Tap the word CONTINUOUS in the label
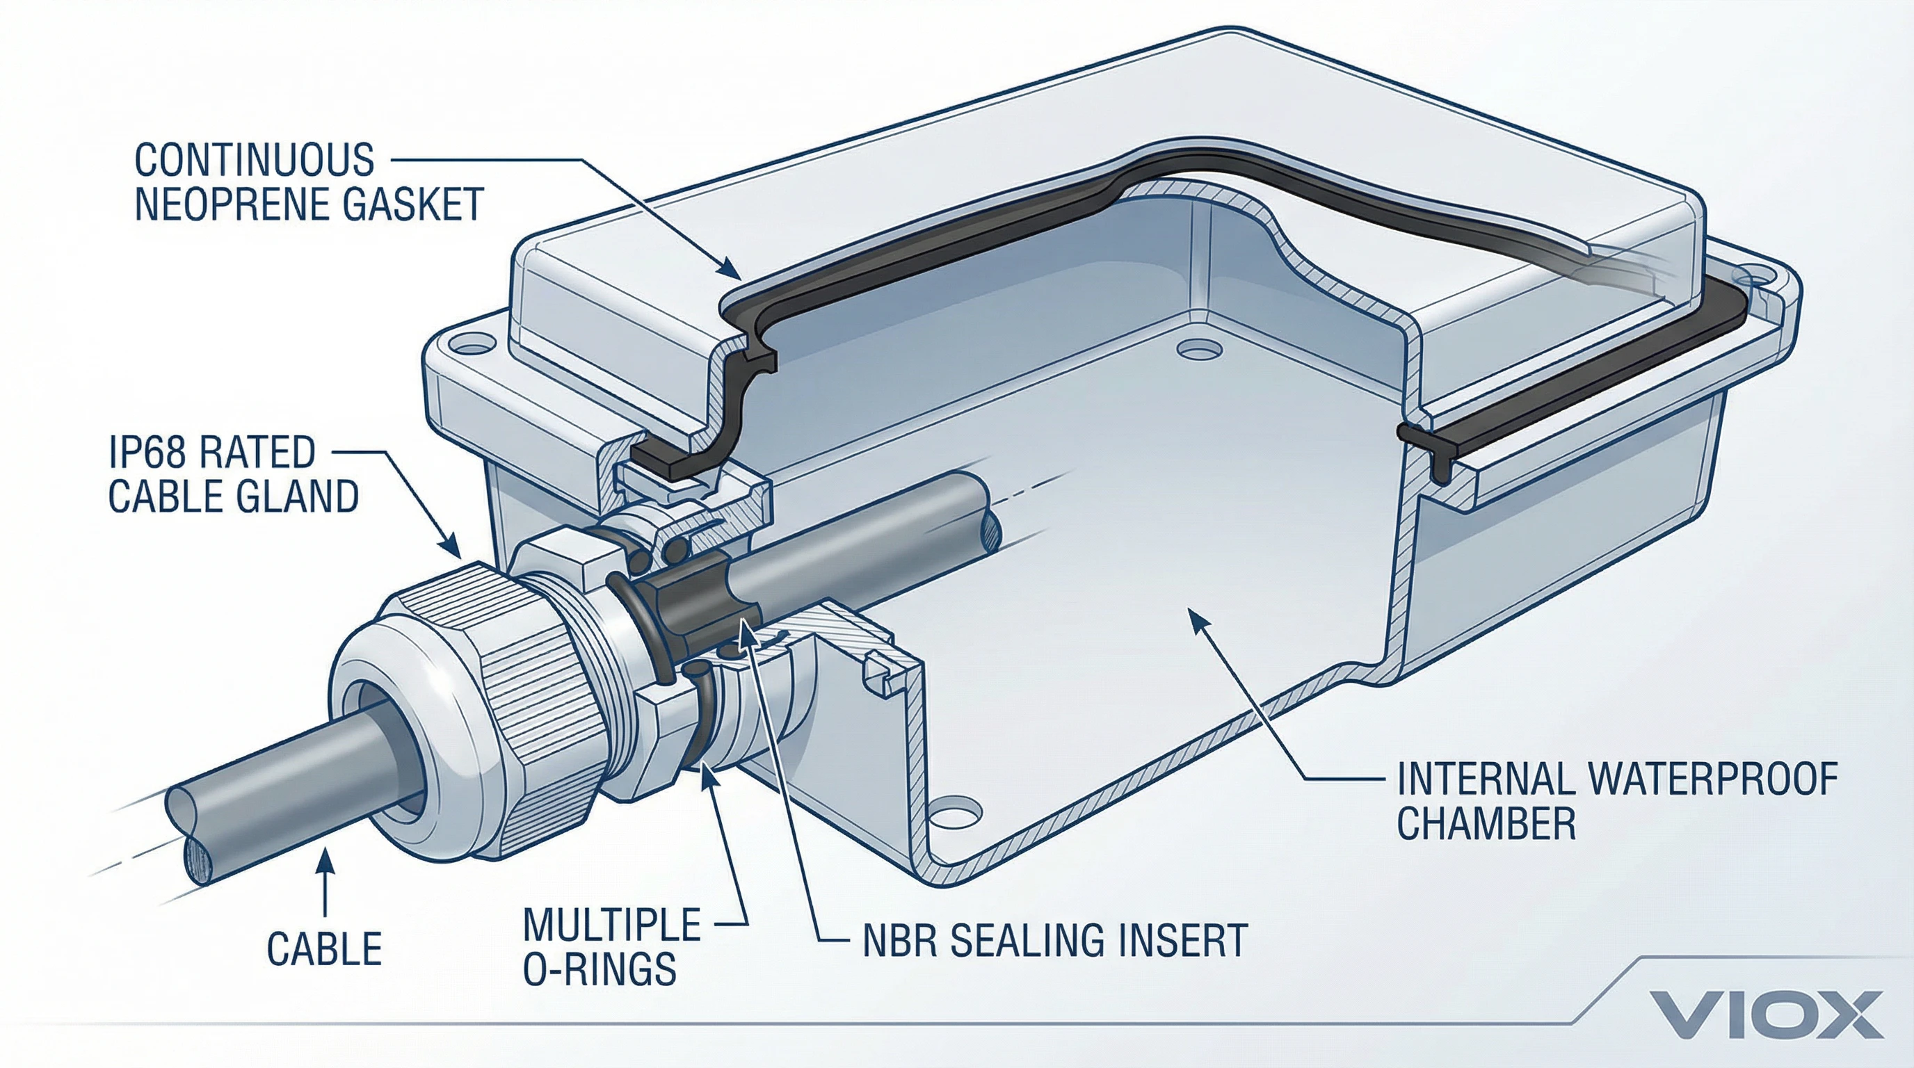pyautogui.click(x=254, y=160)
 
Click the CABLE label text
pyautogui.click(x=324, y=949)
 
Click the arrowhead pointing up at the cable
pyautogui.click(x=325, y=862)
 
